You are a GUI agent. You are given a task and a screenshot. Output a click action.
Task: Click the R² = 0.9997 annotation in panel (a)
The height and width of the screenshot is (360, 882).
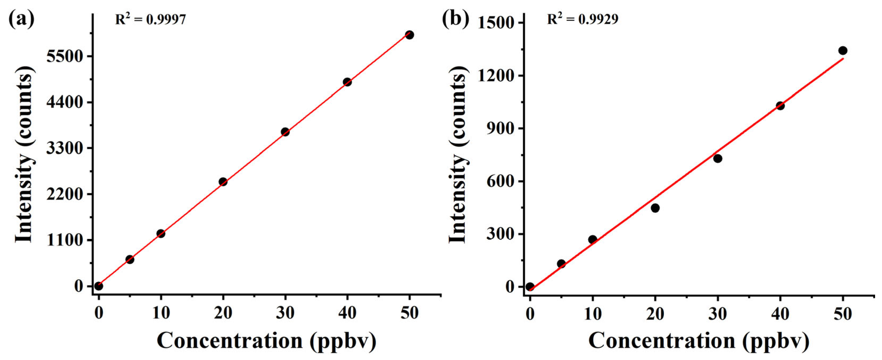pos(150,19)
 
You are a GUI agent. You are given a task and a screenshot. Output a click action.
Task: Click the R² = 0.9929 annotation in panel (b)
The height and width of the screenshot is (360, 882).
pos(582,19)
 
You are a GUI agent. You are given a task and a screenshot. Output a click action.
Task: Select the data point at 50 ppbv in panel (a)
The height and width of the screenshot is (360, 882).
pos(409,35)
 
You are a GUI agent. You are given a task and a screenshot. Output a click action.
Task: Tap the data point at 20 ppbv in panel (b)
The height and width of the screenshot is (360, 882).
pos(655,208)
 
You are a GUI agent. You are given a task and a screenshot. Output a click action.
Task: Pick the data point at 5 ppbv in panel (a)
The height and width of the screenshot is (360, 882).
pos(130,259)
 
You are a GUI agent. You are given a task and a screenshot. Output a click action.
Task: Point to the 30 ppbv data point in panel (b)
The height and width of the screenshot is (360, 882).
pos(718,158)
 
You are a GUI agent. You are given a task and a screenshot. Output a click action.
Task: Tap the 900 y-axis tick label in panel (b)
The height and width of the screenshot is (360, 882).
pos(500,129)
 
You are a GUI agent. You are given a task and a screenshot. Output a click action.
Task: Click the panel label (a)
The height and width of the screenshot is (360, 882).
pos(22,19)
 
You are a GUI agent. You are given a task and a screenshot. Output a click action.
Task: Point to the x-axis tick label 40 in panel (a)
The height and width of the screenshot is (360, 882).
pos(347,313)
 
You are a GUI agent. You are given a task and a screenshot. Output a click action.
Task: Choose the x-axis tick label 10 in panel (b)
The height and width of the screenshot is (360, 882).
pos(592,313)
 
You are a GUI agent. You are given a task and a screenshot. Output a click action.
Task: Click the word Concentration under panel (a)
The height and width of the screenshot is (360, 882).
pos(230,341)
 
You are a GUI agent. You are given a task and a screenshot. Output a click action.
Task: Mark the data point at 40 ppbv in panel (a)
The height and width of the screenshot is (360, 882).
pos(347,82)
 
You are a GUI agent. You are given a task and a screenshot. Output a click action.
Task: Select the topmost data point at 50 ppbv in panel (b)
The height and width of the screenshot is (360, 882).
pos(843,51)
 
